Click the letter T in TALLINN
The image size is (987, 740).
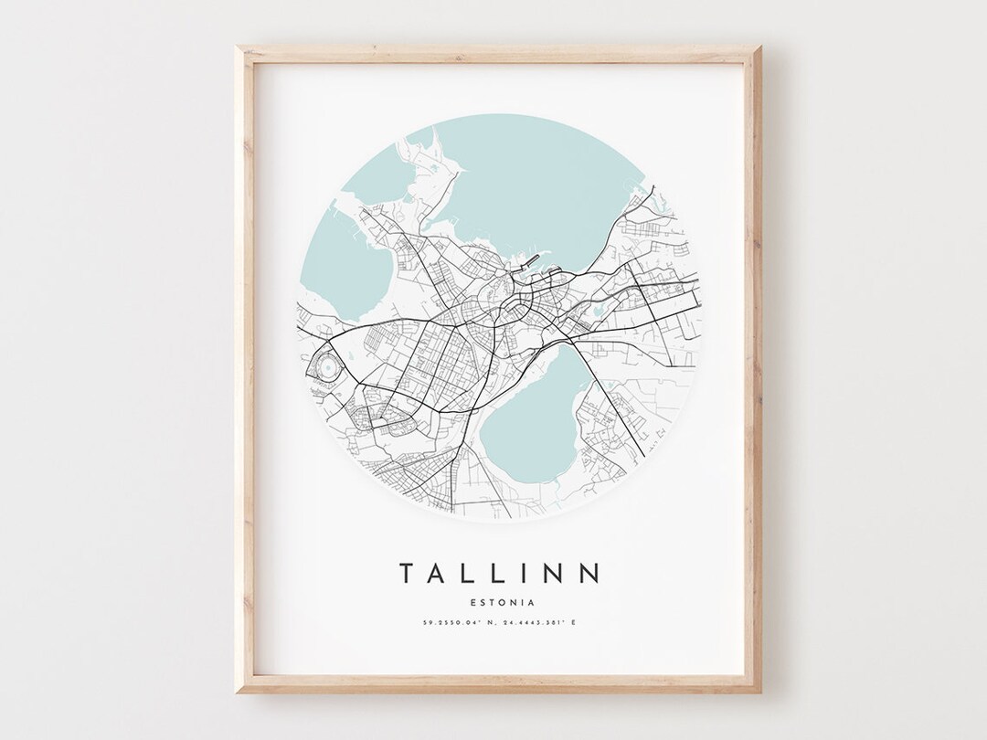pyautogui.click(x=406, y=573)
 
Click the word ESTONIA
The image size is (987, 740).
pyautogui.click(x=499, y=602)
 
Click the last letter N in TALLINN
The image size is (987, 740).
pyautogui.click(x=591, y=573)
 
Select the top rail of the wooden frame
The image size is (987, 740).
pyautogui.click(x=499, y=52)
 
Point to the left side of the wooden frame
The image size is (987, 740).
pyautogui.click(x=244, y=365)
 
